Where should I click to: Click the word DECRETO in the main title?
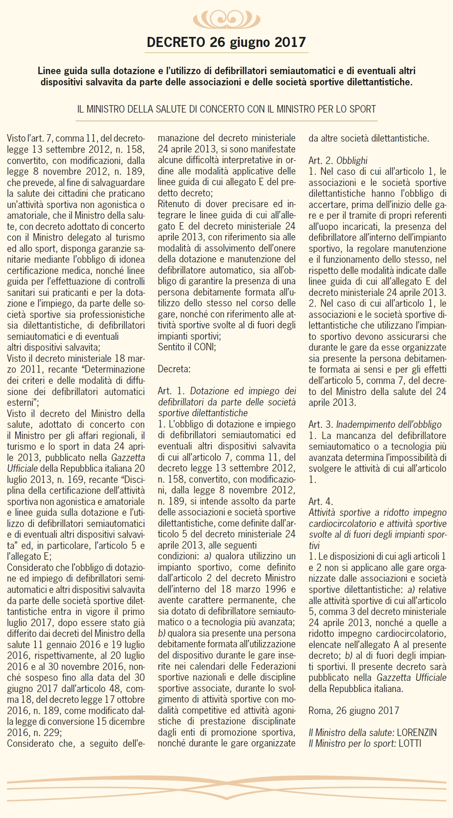click(x=176, y=42)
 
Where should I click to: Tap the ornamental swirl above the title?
click(x=226, y=19)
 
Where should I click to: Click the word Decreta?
click(x=174, y=369)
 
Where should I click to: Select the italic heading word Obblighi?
click(x=352, y=161)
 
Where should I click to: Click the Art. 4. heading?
click(x=321, y=501)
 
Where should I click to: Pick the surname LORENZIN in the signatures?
click(x=416, y=732)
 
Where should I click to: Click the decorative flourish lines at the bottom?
click(x=226, y=787)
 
